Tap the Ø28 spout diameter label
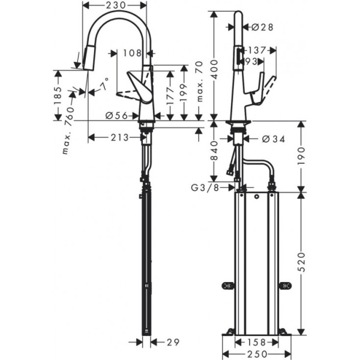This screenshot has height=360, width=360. coord(262,27)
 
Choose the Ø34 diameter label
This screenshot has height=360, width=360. coord(273,139)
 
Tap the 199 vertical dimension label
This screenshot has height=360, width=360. coord(184,91)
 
